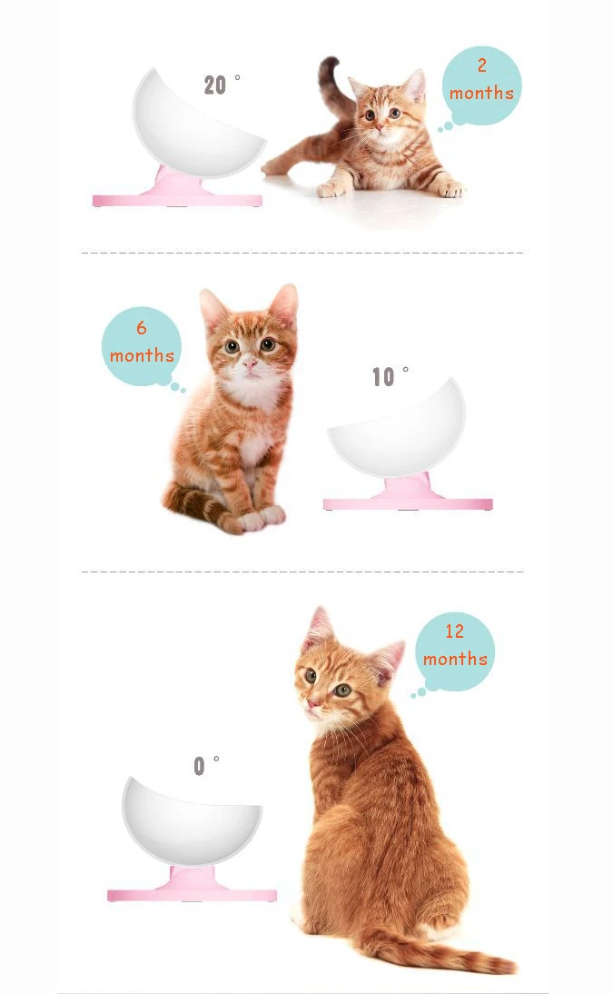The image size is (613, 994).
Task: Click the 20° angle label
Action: point(222,84)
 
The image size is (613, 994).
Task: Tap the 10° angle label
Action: point(390,376)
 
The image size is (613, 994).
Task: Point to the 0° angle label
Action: point(206,765)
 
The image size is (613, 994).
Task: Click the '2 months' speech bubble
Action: point(480,88)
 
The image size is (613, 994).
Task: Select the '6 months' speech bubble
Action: point(142,347)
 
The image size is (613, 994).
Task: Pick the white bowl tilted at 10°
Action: point(396,429)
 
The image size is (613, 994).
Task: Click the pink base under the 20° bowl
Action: point(177,193)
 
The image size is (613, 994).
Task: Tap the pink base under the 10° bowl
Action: point(409,497)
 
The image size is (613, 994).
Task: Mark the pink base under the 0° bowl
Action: point(192,887)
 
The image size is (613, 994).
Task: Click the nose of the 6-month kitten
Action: point(251,364)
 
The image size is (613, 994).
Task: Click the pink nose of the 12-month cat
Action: point(311,703)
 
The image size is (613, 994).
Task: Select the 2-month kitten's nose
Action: point(379,127)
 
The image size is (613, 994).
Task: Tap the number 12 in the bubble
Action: point(454,631)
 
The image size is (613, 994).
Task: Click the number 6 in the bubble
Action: point(142,328)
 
